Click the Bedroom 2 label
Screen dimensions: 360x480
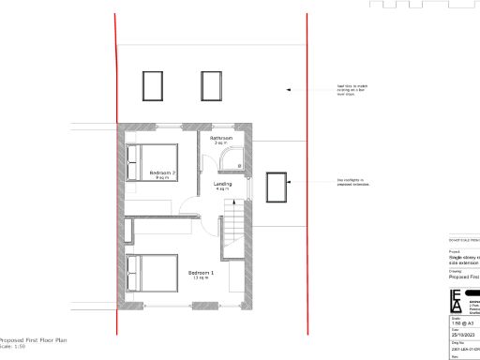[x=163, y=172]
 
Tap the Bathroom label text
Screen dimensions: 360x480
[x=221, y=138]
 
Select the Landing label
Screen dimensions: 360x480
[x=222, y=184]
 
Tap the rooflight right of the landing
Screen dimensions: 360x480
[x=277, y=187]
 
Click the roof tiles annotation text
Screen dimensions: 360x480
[x=352, y=90]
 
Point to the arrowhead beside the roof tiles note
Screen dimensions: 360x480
[x=289, y=90]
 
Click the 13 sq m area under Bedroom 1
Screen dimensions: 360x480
[x=201, y=278]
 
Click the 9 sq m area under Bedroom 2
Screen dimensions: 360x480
[x=162, y=178]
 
